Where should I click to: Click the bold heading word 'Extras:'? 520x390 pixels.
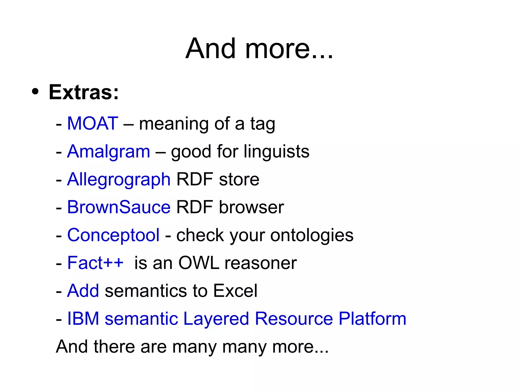84,92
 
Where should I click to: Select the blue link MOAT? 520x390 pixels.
93,123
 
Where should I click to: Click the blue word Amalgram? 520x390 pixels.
109,152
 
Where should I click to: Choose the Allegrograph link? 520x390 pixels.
119,180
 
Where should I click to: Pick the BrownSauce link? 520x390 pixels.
119,207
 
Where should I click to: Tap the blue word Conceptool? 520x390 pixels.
113,235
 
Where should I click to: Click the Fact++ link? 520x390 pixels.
95,263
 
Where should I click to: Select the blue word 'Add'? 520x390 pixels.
83,291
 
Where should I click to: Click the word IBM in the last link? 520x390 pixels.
83,319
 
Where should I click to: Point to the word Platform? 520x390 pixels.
372,319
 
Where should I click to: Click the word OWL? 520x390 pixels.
199,263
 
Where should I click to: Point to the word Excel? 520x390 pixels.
235,291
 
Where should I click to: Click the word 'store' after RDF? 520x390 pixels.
239,180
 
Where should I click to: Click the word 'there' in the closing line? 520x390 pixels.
114,347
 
